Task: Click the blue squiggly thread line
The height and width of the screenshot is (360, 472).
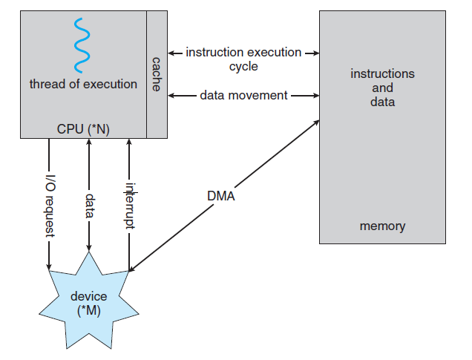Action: (x=82, y=42)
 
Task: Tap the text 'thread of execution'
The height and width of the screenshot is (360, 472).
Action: (x=83, y=84)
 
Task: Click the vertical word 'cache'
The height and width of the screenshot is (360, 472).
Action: (x=157, y=73)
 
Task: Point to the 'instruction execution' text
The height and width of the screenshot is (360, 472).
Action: (x=243, y=53)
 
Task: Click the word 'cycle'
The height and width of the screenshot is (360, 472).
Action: (x=243, y=67)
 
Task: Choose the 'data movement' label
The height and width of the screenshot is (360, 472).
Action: (x=243, y=95)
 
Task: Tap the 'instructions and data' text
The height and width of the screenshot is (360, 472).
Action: (x=382, y=88)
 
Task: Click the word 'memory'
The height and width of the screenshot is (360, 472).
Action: (x=382, y=226)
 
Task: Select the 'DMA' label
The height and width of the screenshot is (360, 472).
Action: (x=222, y=197)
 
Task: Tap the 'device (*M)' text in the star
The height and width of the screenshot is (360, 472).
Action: (x=88, y=303)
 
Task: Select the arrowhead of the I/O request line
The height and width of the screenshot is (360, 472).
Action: (x=50, y=265)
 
